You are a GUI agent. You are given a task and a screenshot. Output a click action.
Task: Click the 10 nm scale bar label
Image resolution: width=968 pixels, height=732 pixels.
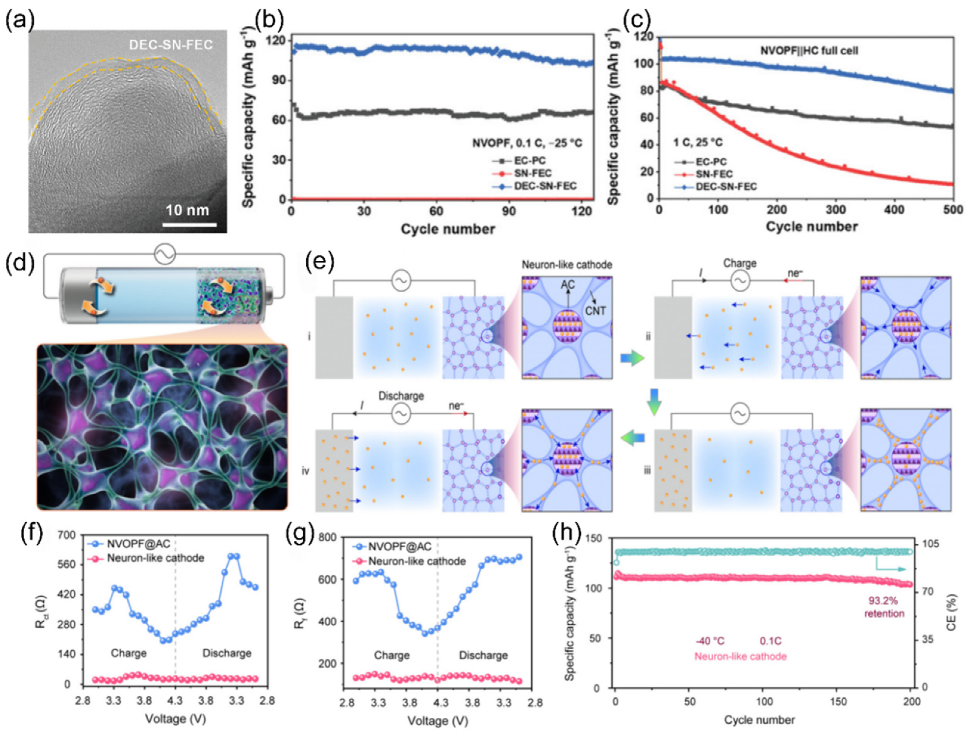[x=187, y=211]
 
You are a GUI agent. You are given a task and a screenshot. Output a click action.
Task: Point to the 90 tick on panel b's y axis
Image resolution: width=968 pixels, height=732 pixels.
[x=276, y=80]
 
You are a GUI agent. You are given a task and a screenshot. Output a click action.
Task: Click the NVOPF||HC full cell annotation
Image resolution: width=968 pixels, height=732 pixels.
[x=809, y=51]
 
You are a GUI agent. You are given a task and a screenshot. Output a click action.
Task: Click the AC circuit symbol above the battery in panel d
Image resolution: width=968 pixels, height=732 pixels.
[x=165, y=254]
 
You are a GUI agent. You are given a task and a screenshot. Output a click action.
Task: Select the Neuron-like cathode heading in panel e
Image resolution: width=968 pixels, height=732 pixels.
[x=567, y=265]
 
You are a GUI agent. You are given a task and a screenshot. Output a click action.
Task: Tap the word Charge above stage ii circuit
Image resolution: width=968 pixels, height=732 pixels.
[x=740, y=263]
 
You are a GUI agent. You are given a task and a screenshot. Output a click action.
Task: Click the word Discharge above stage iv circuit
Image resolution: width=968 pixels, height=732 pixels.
[x=401, y=396]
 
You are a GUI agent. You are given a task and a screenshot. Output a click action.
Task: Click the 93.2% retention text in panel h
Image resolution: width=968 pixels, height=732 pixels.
[x=884, y=607]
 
